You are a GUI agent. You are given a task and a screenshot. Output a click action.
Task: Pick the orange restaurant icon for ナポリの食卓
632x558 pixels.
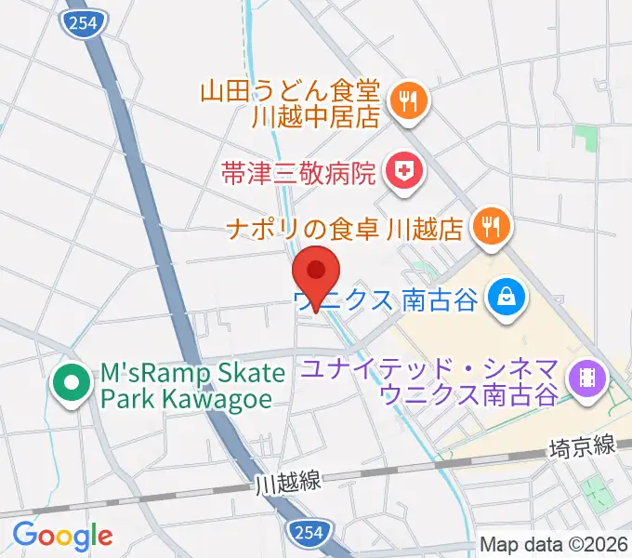pyautogui.click(x=490, y=228)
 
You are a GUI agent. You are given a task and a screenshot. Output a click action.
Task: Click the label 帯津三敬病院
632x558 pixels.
pyautogui.click(x=298, y=172)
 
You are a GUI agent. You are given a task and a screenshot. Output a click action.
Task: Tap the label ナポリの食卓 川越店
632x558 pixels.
pyautogui.click(x=343, y=228)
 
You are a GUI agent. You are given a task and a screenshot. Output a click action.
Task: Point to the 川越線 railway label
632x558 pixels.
pyautogui.click(x=288, y=482)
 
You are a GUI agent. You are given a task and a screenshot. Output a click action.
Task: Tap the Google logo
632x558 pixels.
pyautogui.click(x=62, y=535)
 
